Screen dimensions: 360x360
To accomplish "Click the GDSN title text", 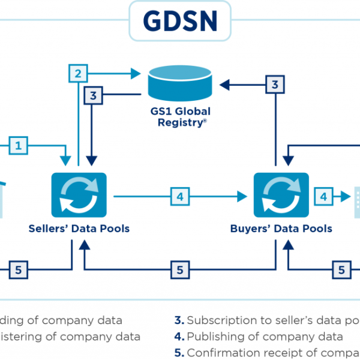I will click(179, 20).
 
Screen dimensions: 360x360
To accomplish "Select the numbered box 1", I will click(19, 145).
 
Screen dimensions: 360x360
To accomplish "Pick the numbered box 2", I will click(77, 74).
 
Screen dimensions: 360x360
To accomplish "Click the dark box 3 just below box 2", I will click(93, 94).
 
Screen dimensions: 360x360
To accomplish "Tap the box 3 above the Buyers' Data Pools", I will click(275, 85).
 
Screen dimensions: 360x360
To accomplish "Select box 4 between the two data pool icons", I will click(179, 196).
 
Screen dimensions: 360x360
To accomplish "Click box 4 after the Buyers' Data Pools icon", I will click(323, 196).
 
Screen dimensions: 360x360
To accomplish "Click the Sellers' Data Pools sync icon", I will click(79, 196).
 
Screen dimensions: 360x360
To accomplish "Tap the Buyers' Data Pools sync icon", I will click(281, 196).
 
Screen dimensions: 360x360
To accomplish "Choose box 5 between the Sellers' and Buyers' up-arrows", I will click(179, 270).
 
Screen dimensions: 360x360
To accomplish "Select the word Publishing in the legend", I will click(212, 337).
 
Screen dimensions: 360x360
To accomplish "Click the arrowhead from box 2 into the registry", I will click(137, 74).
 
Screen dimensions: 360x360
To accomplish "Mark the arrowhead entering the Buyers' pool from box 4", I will click(244, 196).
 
